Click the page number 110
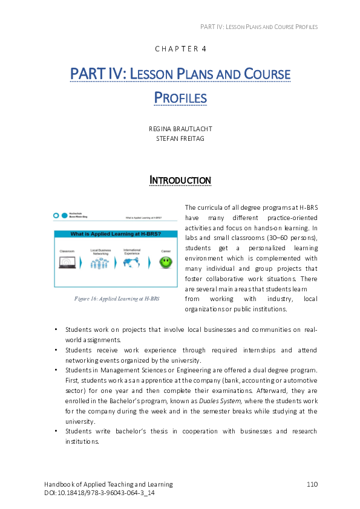click(312, 484)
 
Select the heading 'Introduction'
click(180, 180)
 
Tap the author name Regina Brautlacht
click(180, 129)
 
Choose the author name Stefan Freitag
click(180, 138)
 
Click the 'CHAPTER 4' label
click(180, 49)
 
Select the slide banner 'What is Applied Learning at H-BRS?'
click(116, 233)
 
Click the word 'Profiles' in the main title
click(180, 97)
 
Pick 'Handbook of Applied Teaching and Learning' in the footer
click(108, 484)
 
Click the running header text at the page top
click(258, 27)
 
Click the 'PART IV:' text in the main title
click(97, 74)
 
